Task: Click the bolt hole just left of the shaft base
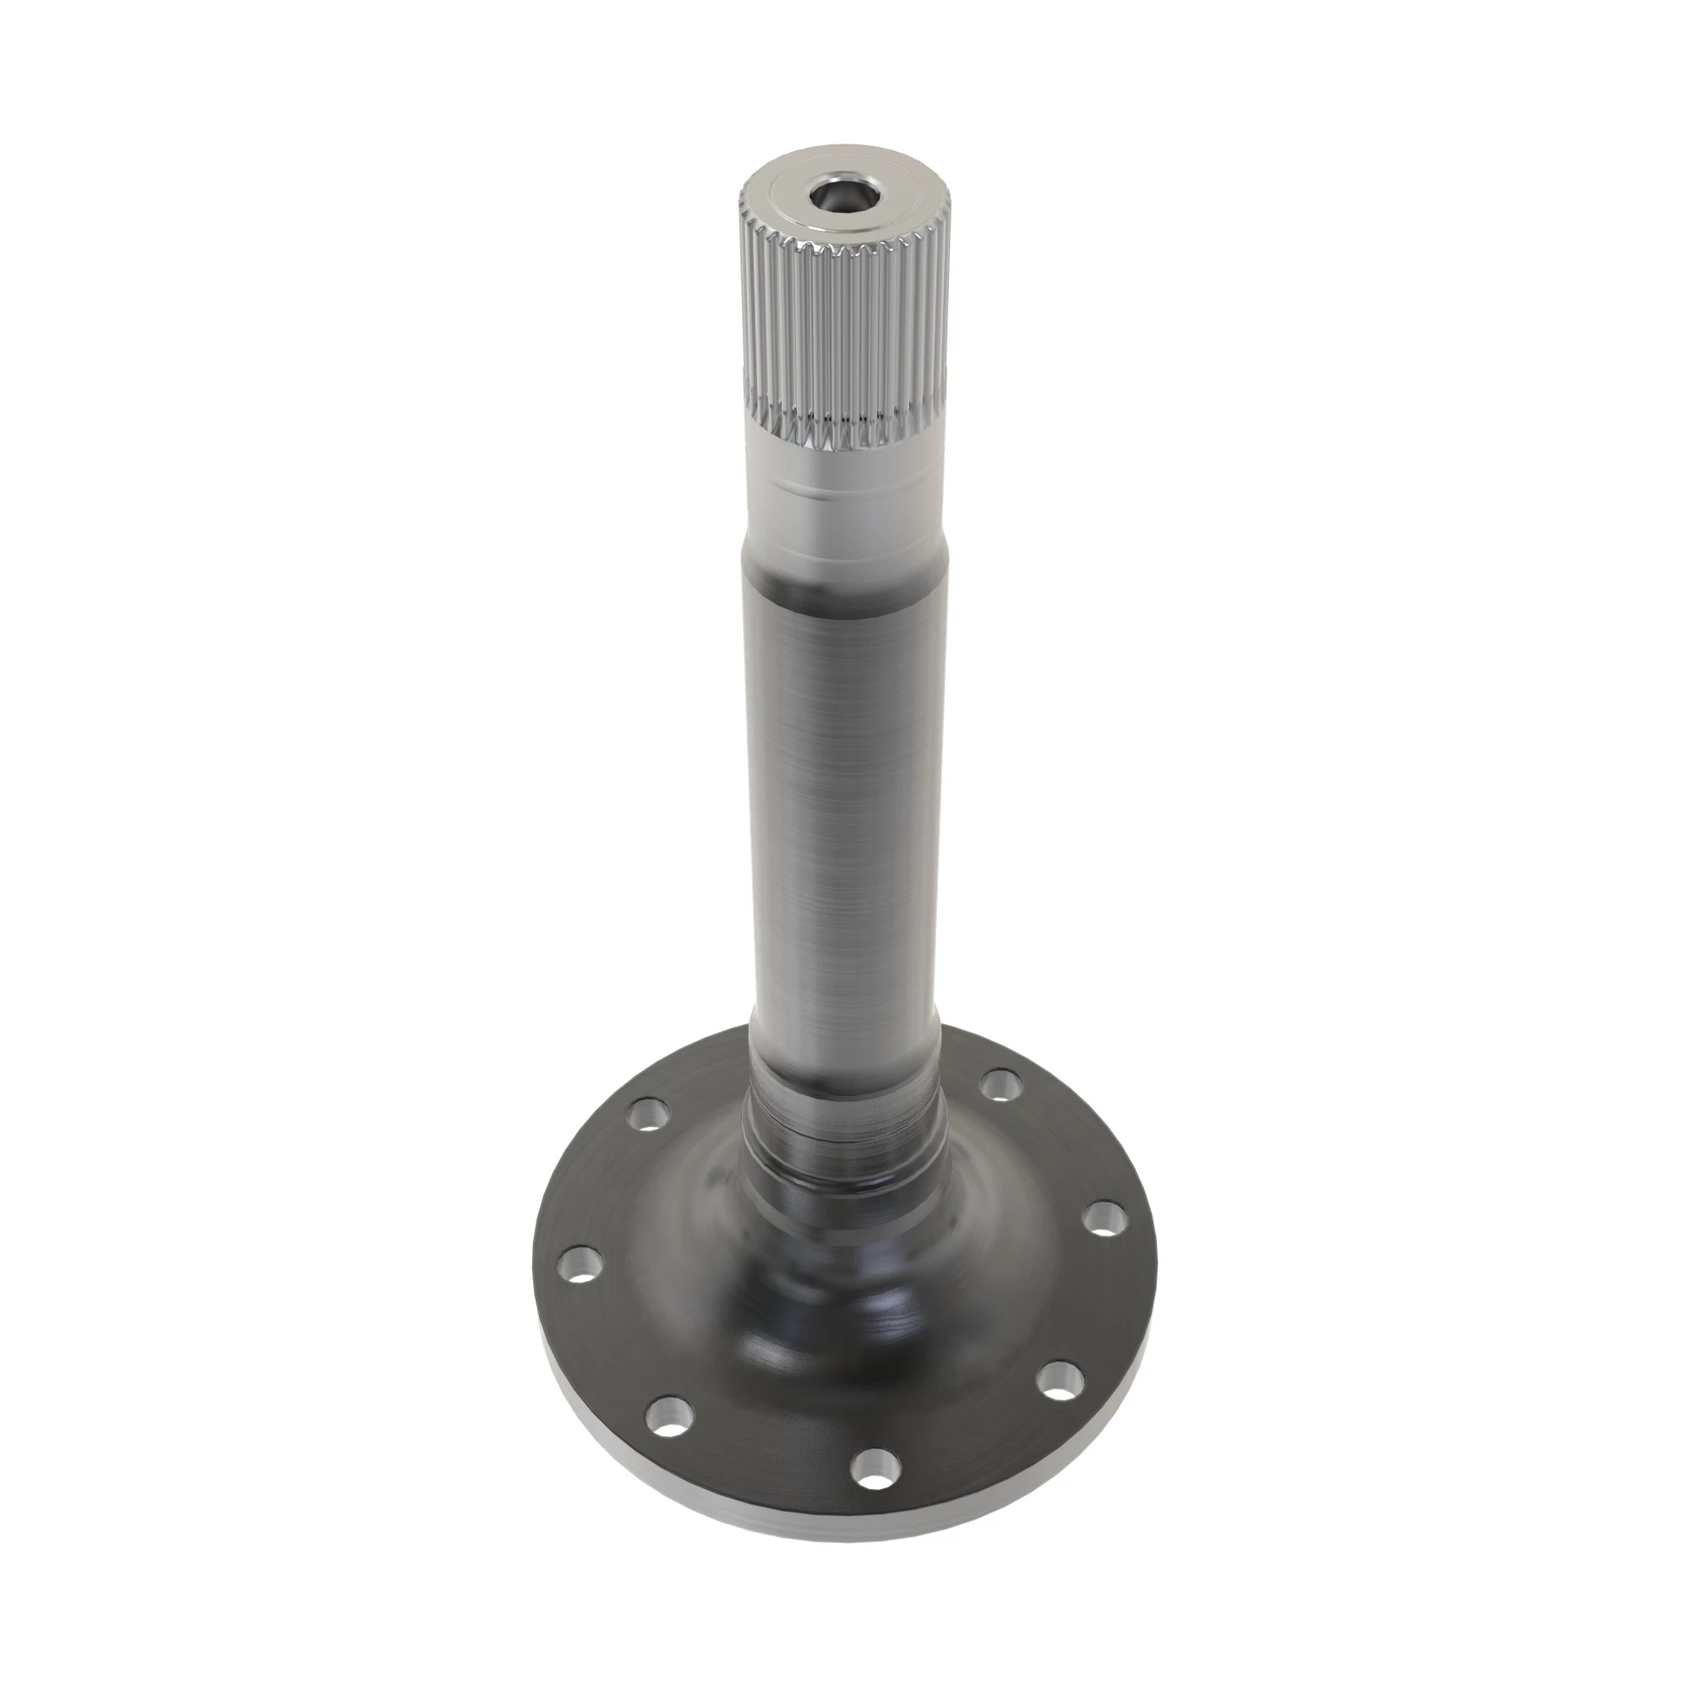648,1116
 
